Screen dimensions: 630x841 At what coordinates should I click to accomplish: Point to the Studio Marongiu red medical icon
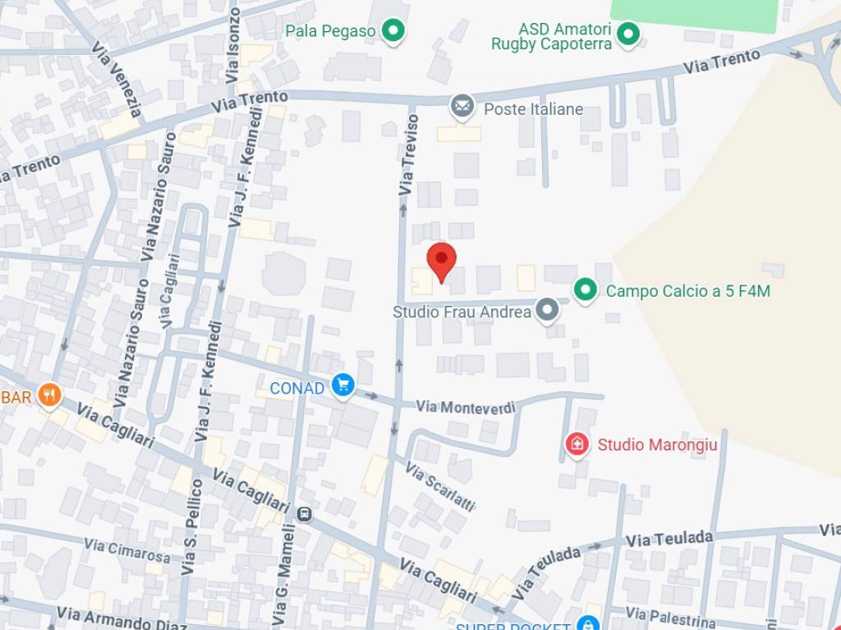577,445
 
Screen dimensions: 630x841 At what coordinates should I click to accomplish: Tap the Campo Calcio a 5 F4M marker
585,290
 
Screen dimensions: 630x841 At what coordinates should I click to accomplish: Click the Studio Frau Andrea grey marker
547,310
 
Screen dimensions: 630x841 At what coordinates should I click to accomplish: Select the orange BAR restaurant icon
50,395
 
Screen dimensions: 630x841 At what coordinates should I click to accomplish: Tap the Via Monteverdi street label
465,407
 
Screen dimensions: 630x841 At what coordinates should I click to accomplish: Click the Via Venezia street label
117,79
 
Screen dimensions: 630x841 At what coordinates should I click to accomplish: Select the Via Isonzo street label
232,46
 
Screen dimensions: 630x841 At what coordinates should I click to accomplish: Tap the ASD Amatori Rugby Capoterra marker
628,34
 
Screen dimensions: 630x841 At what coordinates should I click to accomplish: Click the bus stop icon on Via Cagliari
305,514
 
